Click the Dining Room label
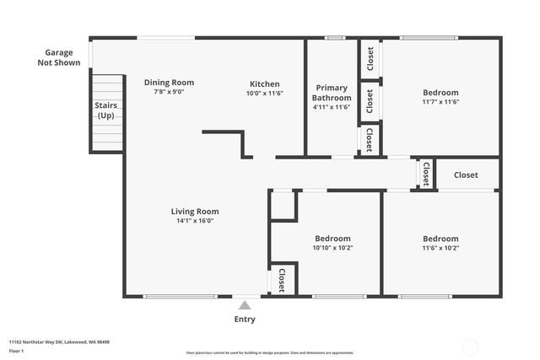(x=169, y=82)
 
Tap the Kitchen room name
(x=264, y=83)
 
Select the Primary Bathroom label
(x=332, y=93)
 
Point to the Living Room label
(x=195, y=212)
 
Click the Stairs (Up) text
(x=106, y=110)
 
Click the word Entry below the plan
(x=244, y=320)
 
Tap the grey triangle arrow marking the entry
(x=244, y=305)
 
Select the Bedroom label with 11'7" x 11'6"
(x=440, y=93)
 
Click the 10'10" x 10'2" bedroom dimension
(x=332, y=248)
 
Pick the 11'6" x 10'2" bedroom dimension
(x=440, y=248)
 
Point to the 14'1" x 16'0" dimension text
(x=195, y=221)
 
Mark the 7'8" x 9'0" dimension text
(x=169, y=91)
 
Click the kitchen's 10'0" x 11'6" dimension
(x=264, y=94)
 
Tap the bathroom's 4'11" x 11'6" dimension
(x=332, y=107)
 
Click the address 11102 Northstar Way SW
(x=59, y=342)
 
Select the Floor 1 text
(x=16, y=350)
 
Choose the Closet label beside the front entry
(x=281, y=281)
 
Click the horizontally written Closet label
(x=466, y=175)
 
